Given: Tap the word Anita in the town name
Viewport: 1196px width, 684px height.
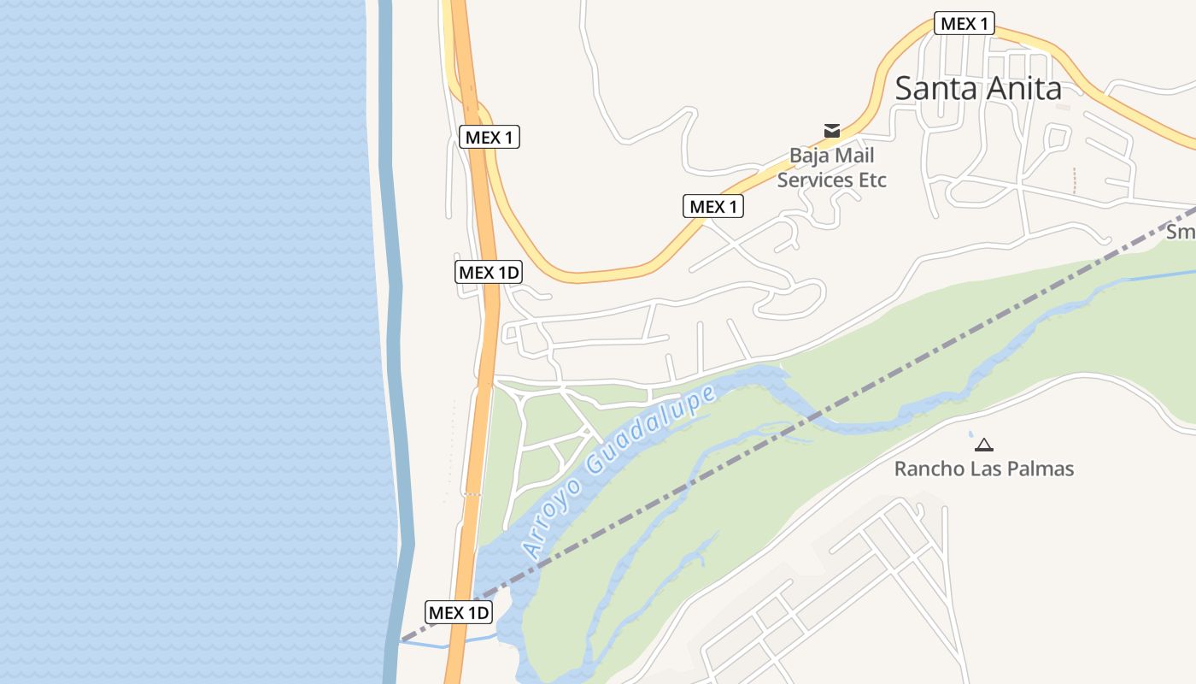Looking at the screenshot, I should pos(1022,88).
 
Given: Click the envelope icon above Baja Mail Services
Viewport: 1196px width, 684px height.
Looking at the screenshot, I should pos(832,130).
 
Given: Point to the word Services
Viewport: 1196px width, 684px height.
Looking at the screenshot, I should pos(816,180).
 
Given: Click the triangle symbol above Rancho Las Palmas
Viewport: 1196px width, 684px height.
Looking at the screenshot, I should pos(984,445).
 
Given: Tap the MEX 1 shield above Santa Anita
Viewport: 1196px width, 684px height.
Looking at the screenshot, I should pos(964,23).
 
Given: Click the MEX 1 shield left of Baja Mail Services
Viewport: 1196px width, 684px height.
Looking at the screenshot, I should pos(713,206).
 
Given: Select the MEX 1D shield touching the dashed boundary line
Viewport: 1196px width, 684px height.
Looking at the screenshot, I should pos(459,612).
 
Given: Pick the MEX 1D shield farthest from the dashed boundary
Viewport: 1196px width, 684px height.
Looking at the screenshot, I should pos(489,272).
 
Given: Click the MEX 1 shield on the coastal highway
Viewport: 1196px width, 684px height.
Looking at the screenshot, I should pos(490,137).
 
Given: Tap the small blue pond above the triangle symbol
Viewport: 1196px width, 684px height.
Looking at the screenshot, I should pos(970,433).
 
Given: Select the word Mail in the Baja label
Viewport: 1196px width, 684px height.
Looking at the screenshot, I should pos(854,156).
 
